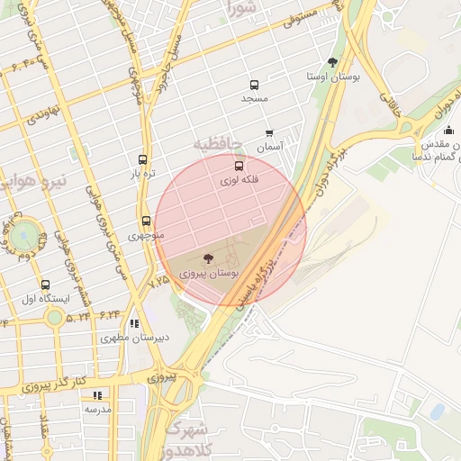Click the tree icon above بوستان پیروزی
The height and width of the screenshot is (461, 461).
point(210,258)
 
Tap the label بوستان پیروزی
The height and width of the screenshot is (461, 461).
point(209,271)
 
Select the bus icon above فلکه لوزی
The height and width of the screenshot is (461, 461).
point(239,167)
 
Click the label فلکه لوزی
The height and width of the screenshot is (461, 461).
point(239,180)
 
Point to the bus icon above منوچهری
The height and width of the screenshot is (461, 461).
point(145,221)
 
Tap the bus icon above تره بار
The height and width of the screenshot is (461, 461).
point(142,159)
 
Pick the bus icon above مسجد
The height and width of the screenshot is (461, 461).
point(255,86)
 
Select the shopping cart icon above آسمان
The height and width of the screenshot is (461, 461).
point(269,133)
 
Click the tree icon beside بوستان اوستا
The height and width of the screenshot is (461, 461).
point(332,62)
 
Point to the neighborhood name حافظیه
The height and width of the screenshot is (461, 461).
point(218,144)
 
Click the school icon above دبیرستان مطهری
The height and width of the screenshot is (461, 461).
point(134,323)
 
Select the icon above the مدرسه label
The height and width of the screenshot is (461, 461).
point(97,395)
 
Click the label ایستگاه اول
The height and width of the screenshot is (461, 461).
point(41,299)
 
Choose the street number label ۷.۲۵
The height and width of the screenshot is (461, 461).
point(158,281)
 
